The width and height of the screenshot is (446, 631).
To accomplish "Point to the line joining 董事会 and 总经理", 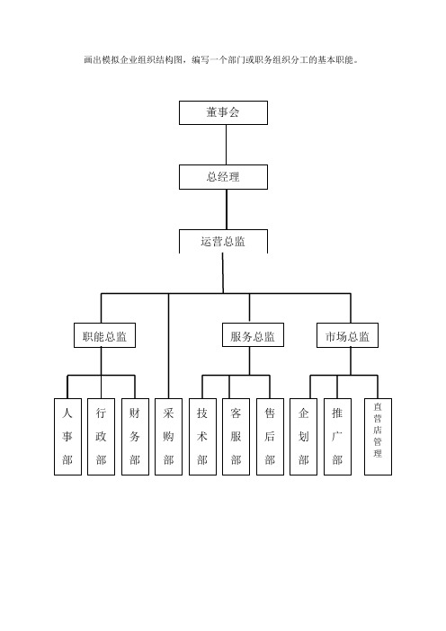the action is pyautogui.click(x=226, y=145).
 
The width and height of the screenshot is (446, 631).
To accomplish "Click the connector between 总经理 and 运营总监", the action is pyautogui.click(x=227, y=209).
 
